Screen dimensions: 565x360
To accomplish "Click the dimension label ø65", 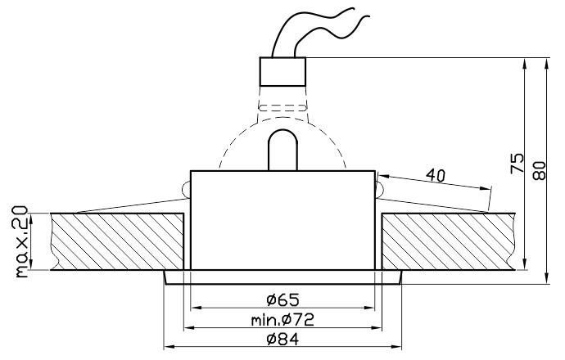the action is (282, 299).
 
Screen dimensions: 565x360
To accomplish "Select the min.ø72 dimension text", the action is (282, 319).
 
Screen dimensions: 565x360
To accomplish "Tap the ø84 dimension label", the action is (282, 339).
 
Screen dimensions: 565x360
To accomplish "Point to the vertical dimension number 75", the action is (517, 163).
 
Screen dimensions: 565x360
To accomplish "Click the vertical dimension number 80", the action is (539, 171).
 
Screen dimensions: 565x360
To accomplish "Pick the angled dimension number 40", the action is (436, 175).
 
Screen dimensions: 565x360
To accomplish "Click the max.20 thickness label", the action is (21, 241).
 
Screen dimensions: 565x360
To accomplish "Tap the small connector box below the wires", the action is (282, 72).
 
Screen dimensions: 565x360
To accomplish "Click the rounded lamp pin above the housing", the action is (282, 150).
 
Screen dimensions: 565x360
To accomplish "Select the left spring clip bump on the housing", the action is (187, 189).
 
